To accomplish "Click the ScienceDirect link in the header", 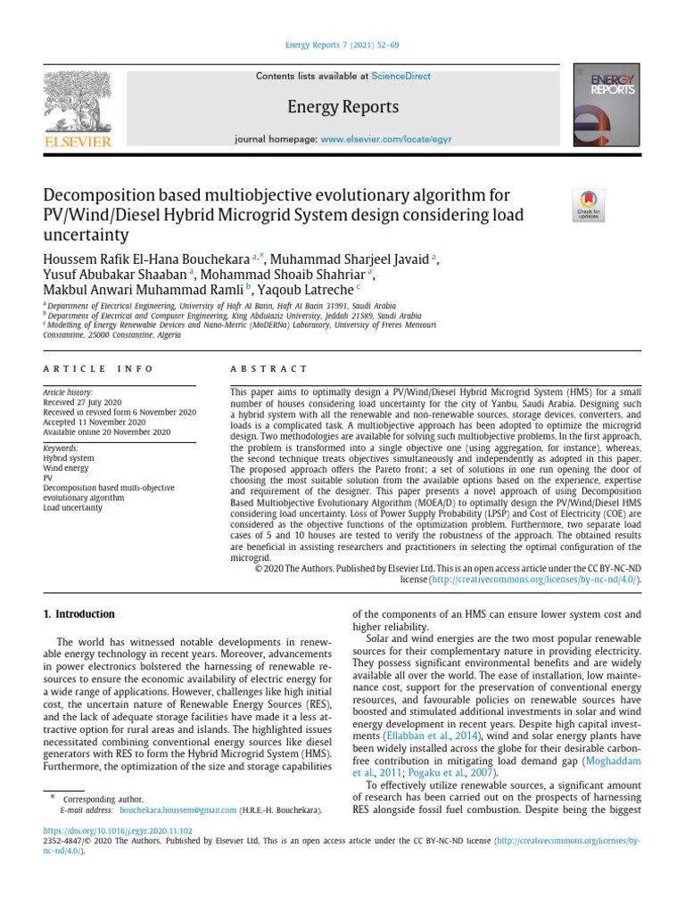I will pos(400,77).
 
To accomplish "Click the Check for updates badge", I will pos(589,205).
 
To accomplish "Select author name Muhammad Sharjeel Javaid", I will pos(350,259).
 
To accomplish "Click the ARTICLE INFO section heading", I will pos(98,368).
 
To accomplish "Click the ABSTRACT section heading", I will pos(268,368).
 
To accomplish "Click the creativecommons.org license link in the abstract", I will pos(534,579).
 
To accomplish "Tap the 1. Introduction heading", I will pos(79,614).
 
